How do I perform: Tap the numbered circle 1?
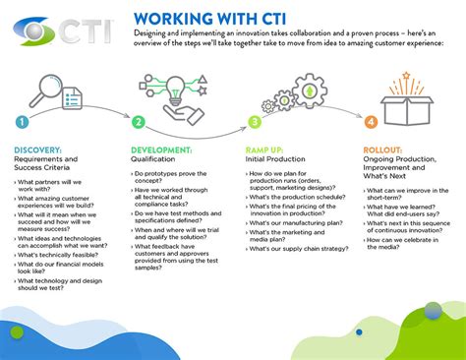pyautogui.click(x=22, y=123)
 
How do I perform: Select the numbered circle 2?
pyautogui.click(x=139, y=123)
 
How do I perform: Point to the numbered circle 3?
pyautogui.click(x=255, y=123)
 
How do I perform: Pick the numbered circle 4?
pyautogui.click(x=371, y=123)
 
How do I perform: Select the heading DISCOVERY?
pyautogui.click(x=38, y=150)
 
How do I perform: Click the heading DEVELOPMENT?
pyautogui.click(x=163, y=150)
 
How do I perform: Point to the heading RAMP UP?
pyautogui.click(x=265, y=150)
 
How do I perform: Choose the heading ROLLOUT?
pyautogui.click(x=385, y=150)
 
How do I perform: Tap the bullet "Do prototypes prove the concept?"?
pyautogui.click(x=177, y=178)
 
